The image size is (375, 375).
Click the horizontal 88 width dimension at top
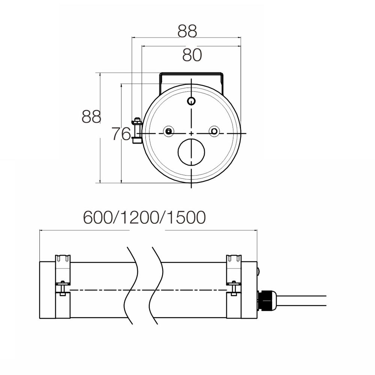(187, 31)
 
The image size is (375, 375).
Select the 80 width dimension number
(192, 55)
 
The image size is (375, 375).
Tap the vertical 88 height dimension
(91, 117)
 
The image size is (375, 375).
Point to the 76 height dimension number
(121, 133)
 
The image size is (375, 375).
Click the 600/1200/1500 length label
(144, 217)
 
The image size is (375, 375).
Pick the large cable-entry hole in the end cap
(192, 152)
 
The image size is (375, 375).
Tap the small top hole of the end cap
(192, 100)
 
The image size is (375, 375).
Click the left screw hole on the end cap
(169, 131)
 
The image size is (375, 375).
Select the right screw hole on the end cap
(214, 131)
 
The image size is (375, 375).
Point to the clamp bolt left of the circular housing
(136, 130)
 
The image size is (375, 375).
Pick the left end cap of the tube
(48, 291)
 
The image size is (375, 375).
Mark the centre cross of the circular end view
(191, 133)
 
